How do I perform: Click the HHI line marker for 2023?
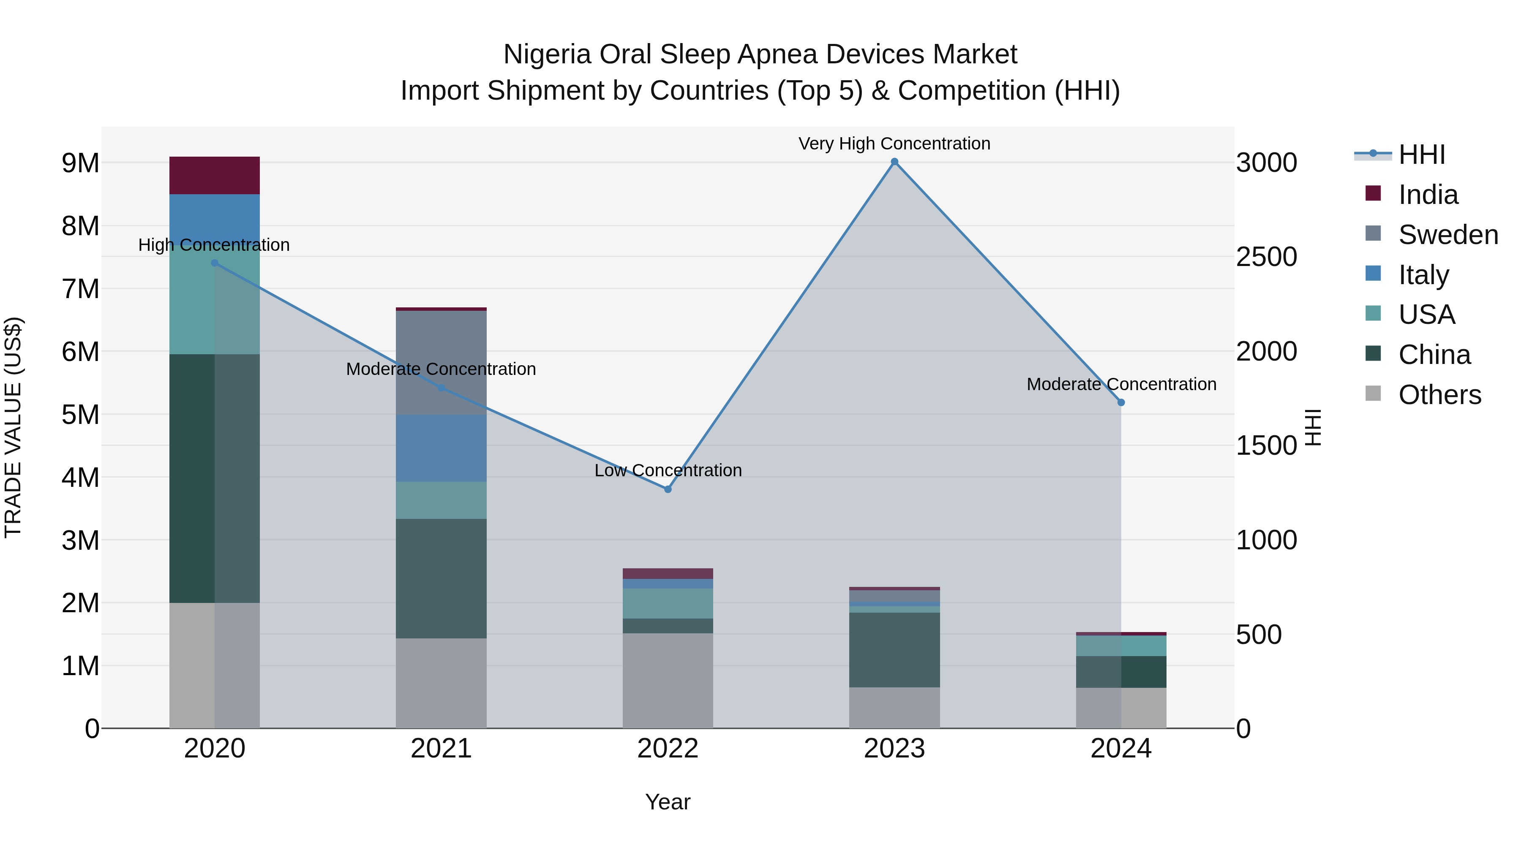point(894,162)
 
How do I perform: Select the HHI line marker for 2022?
point(668,489)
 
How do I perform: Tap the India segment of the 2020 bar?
point(214,175)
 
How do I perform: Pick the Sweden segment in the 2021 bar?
point(441,362)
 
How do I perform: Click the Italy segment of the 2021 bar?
point(441,448)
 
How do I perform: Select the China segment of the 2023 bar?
point(894,650)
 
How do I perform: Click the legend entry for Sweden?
point(1448,235)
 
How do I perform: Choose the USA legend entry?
point(1426,315)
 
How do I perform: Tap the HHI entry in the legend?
point(1421,155)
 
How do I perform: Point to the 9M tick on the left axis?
point(80,163)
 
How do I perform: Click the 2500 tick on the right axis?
point(1267,257)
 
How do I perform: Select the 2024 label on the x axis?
point(1120,749)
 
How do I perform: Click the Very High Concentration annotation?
point(894,144)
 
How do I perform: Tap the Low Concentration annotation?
point(668,470)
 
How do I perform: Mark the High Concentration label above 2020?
point(214,245)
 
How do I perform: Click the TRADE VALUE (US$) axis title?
point(14,427)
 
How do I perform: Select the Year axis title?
point(668,802)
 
